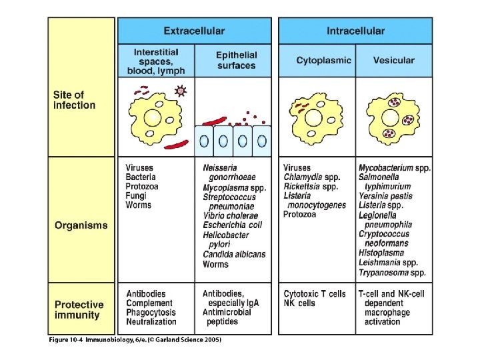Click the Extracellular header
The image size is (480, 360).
point(194,31)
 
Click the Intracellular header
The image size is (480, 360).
point(355,31)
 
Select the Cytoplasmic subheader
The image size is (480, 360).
point(323,61)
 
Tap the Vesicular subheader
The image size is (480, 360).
point(393,61)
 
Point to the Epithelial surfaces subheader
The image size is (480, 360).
point(236,61)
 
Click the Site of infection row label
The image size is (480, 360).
point(74,100)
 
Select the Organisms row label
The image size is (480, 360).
point(81,225)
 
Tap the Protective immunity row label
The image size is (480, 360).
point(79,310)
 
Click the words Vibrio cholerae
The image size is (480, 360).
point(230,216)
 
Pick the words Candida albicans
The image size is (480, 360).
point(234,255)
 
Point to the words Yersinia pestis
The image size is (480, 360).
point(385,196)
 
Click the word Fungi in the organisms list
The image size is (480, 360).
point(137,196)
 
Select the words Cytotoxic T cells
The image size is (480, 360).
point(315,294)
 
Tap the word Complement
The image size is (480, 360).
point(149,303)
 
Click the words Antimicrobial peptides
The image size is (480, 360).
point(227,317)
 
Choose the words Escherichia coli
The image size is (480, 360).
point(233,225)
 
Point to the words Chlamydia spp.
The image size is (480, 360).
point(311,177)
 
